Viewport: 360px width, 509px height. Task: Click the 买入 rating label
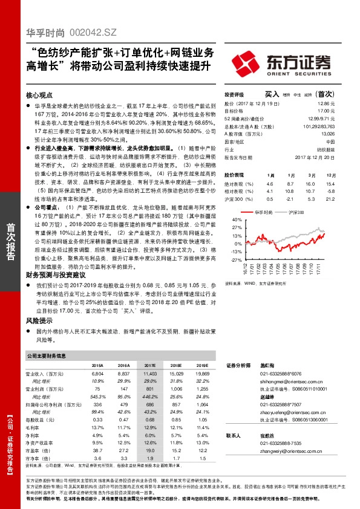pyautogui.click(x=272, y=94)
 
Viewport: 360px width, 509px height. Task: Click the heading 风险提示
pyautogui.click(x=39, y=320)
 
